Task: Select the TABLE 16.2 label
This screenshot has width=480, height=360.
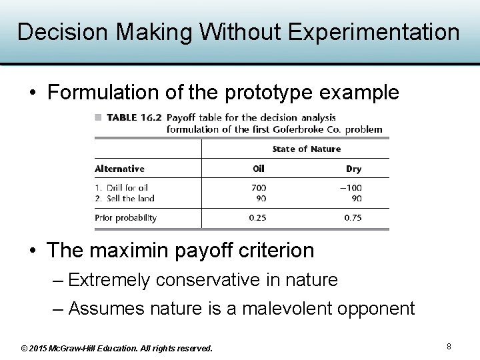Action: click(x=133, y=117)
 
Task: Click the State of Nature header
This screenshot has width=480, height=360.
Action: click(x=306, y=149)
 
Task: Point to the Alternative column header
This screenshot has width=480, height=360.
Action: click(x=119, y=169)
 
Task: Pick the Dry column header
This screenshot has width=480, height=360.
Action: click(x=353, y=169)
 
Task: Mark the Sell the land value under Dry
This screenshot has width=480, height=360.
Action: click(x=356, y=198)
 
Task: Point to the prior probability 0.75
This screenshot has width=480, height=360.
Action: click(x=352, y=217)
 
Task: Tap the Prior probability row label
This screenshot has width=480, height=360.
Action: click(x=125, y=217)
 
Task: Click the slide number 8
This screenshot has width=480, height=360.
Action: click(x=449, y=346)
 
